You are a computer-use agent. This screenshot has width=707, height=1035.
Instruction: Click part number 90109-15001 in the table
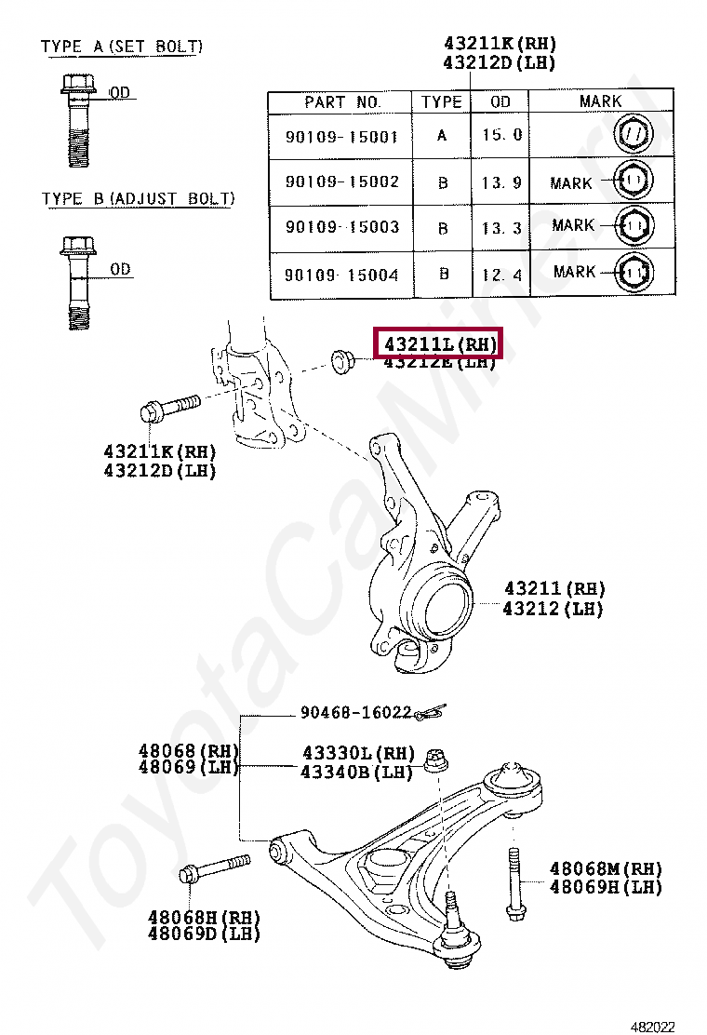click(x=341, y=137)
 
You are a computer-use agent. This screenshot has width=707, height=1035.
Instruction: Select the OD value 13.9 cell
click(x=501, y=181)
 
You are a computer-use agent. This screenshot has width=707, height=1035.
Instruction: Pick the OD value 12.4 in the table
click(x=501, y=274)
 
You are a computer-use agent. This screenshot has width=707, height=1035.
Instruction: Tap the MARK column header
click(x=600, y=101)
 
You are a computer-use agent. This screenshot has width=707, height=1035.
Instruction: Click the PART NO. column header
click(x=341, y=101)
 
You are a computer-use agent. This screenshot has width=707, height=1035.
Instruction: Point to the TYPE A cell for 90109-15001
click(x=442, y=136)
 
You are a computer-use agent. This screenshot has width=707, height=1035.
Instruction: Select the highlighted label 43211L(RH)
click(x=438, y=343)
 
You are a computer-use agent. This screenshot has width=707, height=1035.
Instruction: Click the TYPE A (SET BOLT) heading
click(x=122, y=46)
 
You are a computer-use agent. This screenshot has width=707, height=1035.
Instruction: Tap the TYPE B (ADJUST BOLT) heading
click(x=138, y=198)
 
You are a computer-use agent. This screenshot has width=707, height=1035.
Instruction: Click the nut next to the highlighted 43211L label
click(x=342, y=359)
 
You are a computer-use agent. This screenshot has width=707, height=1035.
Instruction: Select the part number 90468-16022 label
click(x=356, y=712)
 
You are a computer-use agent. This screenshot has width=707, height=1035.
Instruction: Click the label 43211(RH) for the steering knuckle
click(x=554, y=588)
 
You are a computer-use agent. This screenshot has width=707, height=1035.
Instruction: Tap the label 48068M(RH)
click(x=604, y=868)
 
